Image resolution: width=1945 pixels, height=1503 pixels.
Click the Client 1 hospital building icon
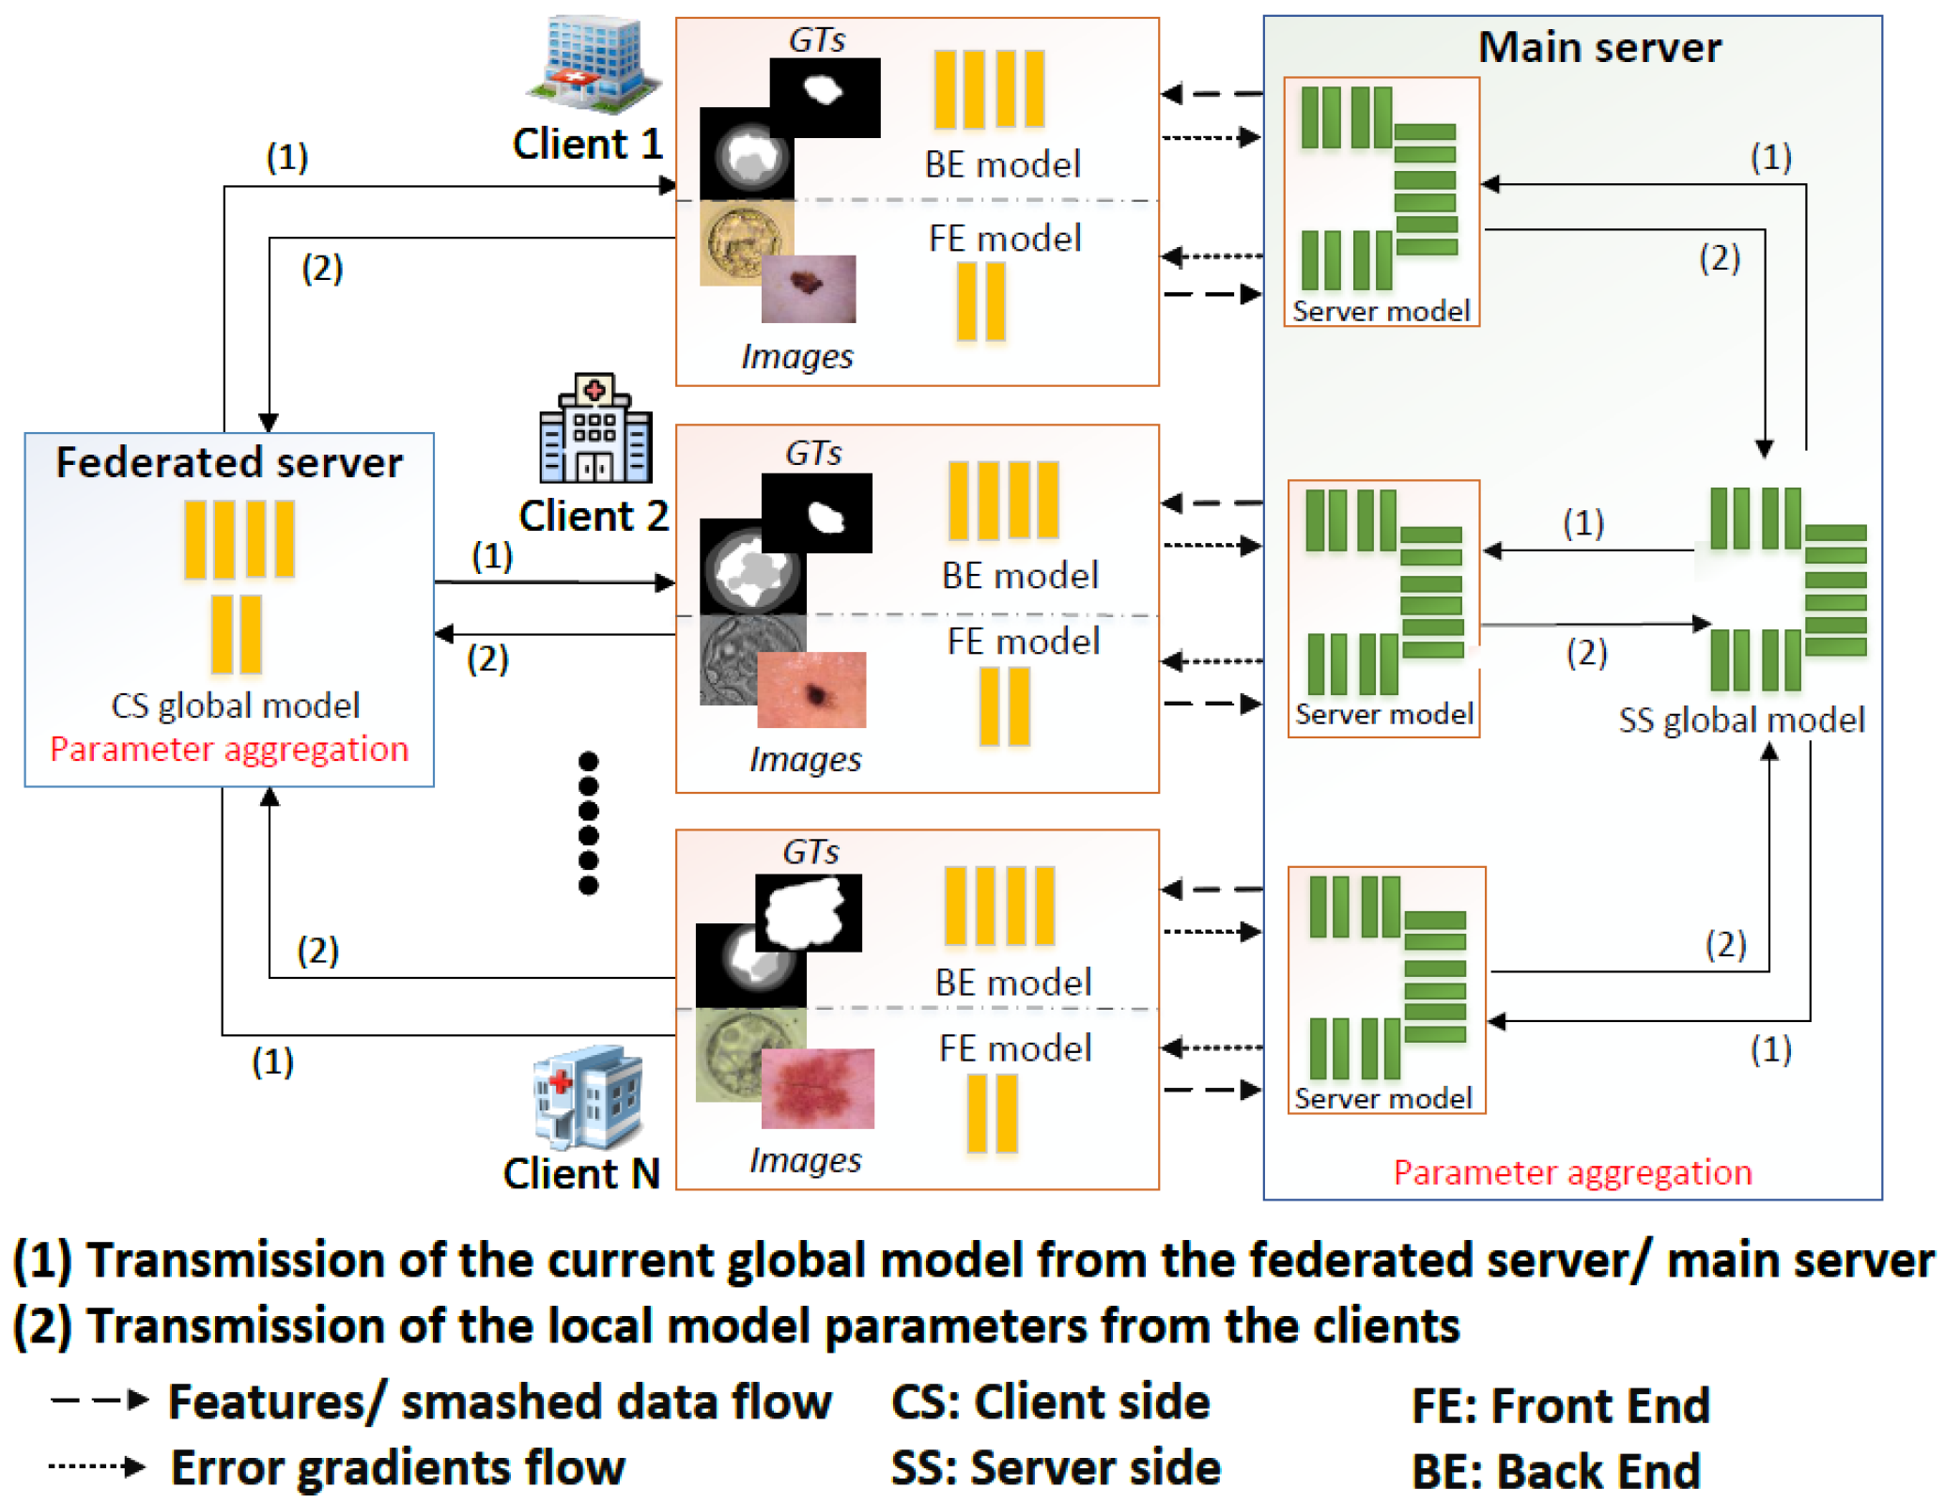click(593, 59)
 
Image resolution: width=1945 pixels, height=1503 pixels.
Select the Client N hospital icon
click(589, 1097)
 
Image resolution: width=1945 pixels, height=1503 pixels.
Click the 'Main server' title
click(1599, 47)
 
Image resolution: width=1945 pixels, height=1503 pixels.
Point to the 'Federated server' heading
click(229, 462)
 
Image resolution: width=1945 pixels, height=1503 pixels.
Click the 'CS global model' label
click(235, 705)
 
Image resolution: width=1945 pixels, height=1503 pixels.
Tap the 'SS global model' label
click(1740, 720)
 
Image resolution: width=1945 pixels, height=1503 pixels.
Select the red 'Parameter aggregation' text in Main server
click(1572, 1172)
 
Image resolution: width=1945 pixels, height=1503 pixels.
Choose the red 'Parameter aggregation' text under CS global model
click(229, 749)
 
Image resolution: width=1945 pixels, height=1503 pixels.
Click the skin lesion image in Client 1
click(808, 288)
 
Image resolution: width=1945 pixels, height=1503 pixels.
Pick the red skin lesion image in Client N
click(817, 1088)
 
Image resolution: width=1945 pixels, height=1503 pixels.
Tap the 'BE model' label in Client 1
click(1002, 164)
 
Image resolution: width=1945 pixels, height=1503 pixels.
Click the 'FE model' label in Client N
click(1014, 1048)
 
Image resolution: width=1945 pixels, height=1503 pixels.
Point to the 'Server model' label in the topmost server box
click(1381, 311)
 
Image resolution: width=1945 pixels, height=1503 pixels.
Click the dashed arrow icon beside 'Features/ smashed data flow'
click(100, 1401)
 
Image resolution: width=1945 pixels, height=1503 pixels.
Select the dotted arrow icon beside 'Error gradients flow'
click(98, 1465)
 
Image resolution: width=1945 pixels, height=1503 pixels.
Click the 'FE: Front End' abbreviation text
click(1560, 1405)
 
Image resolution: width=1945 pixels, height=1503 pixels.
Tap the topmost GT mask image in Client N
click(809, 912)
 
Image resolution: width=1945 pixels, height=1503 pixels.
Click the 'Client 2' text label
click(594, 516)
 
